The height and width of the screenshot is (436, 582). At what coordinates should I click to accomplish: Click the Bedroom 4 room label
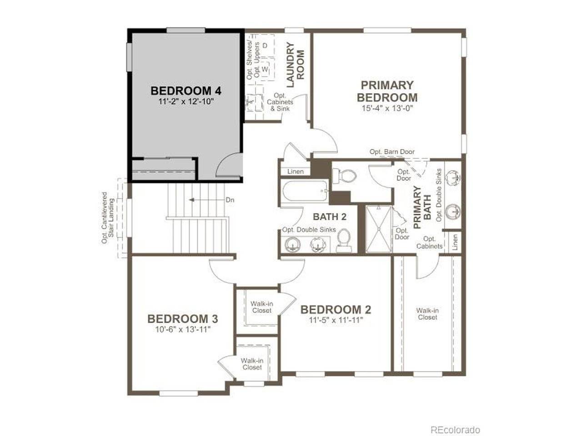coord(186,91)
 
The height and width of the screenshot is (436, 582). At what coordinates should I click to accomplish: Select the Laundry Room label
coord(296,64)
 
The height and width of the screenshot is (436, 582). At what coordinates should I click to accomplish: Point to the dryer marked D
coord(265,45)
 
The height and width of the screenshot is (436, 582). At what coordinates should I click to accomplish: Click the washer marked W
coord(265,69)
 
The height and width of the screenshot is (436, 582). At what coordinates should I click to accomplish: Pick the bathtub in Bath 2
coord(306,191)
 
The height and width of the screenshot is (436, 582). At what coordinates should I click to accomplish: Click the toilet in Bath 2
coord(344,240)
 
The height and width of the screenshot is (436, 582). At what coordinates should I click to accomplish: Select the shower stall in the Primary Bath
coord(379,229)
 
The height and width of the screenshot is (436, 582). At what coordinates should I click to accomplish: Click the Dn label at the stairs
coord(230,200)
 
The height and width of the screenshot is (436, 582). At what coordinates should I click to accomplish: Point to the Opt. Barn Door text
coord(392,152)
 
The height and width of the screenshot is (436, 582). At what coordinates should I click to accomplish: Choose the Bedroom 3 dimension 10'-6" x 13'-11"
coord(183,329)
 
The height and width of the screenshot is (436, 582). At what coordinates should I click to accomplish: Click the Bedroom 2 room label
coord(336,309)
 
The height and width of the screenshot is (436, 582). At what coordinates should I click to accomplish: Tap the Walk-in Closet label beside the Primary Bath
coord(427,314)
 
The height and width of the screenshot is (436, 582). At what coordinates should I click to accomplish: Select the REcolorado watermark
coord(455,422)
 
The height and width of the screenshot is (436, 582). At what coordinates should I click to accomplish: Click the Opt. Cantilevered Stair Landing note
coord(108,218)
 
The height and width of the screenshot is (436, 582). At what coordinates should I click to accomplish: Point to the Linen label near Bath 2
coord(296,172)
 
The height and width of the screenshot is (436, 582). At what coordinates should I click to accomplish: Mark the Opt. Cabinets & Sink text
coord(280,102)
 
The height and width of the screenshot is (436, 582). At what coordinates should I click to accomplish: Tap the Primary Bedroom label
coord(387,91)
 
